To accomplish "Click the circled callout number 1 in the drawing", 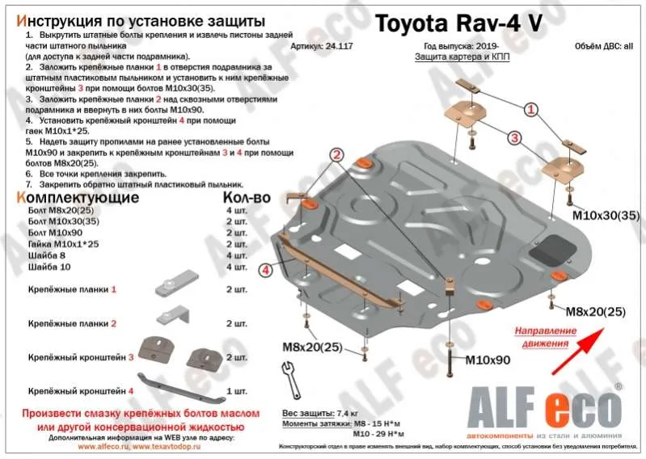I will point(530,109).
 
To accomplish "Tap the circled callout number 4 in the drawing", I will point(264,270).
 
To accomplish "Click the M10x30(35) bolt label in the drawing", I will point(605,216).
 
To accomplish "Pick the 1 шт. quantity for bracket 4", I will point(237,391).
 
